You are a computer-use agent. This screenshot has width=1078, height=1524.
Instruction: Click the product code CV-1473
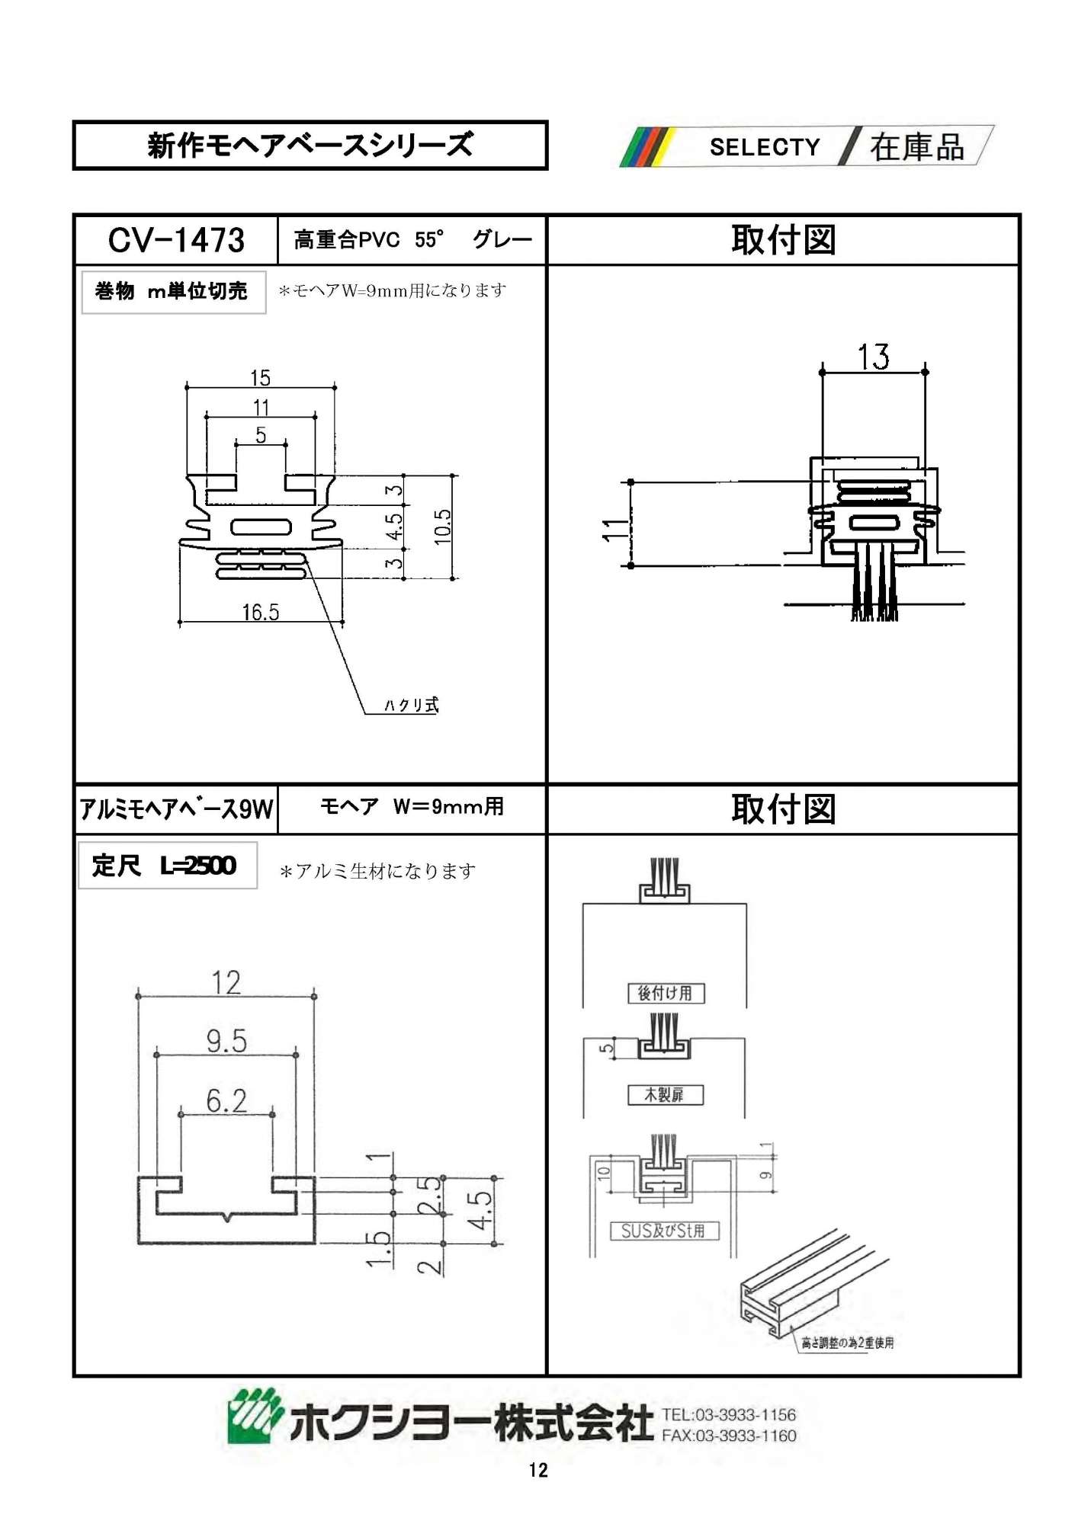(x=176, y=240)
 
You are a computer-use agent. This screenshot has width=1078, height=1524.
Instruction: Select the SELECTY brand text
(x=765, y=146)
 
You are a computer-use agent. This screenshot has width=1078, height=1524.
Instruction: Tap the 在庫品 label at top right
(x=917, y=146)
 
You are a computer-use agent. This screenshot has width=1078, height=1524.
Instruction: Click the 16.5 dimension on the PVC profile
(x=261, y=612)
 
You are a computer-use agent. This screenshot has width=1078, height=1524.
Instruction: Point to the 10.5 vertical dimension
(x=443, y=527)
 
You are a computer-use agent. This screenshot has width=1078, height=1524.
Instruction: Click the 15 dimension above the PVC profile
(x=261, y=378)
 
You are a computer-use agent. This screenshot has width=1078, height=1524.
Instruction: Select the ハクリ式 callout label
(x=412, y=705)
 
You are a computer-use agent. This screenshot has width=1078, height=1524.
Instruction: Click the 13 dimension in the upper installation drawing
(x=874, y=357)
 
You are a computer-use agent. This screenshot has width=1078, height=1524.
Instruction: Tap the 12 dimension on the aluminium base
(x=226, y=982)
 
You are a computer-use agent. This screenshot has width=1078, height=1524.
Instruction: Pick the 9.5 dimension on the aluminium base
(x=226, y=1041)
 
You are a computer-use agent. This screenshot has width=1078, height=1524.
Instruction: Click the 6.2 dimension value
(x=226, y=1100)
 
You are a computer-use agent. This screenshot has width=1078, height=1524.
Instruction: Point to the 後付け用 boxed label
(x=666, y=993)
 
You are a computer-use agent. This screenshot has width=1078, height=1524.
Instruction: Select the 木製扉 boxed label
(x=665, y=1095)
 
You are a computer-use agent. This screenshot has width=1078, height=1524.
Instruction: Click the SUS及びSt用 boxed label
(x=664, y=1231)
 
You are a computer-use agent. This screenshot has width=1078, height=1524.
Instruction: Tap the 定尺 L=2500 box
(x=167, y=866)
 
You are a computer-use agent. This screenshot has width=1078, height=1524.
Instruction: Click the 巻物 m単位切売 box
(x=173, y=292)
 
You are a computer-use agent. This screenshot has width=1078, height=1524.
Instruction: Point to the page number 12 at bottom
(x=538, y=1470)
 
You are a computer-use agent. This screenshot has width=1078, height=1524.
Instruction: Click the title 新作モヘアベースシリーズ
(x=310, y=145)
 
